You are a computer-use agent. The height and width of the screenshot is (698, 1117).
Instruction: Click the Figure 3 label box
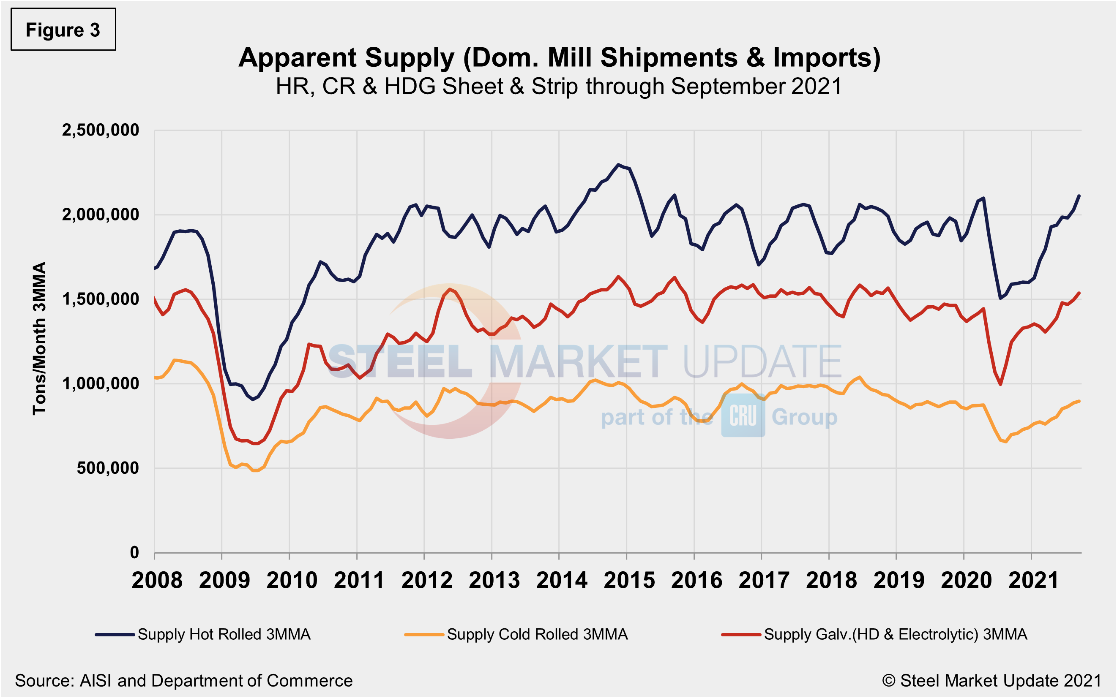[x=63, y=30]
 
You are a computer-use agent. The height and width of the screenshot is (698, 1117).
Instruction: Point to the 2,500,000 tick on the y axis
[x=100, y=130]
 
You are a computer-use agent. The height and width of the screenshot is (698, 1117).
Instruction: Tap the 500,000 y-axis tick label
[x=108, y=468]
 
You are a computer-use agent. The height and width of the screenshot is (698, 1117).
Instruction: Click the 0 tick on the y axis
[x=134, y=552]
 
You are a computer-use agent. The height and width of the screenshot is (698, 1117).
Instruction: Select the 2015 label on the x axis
[x=629, y=580]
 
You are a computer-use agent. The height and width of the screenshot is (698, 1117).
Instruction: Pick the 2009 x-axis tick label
[x=224, y=580]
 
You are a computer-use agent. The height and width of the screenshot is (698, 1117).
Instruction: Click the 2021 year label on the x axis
[x=1033, y=580]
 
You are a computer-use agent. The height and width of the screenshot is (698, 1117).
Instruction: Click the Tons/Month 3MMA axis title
[x=40, y=338]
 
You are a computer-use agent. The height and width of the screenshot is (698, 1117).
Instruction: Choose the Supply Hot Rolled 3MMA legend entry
[x=203, y=634]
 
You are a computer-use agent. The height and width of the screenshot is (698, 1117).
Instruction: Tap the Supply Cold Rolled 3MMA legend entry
[x=516, y=634]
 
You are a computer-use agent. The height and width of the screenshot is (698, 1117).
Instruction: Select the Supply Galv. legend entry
[x=874, y=634]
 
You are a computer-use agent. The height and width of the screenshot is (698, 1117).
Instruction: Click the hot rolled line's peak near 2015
[x=618, y=164]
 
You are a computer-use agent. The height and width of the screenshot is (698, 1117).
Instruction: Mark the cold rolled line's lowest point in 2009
[x=255, y=470]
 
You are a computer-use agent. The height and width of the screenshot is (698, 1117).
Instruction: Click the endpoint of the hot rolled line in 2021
[x=1079, y=196]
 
